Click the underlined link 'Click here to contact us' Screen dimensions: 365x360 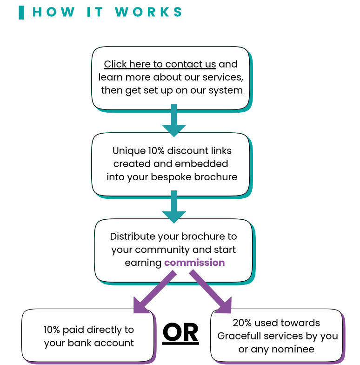pyautogui.click(x=160, y=64)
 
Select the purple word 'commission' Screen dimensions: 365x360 pyautogui.click(x=194, y=263)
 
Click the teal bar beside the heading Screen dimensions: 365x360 pyautogui.click(x=21, y=13)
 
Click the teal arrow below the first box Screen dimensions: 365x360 pyautogui.click(x=174, y=120)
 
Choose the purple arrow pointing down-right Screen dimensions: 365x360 pyautogui.click(x=211, y=293)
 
